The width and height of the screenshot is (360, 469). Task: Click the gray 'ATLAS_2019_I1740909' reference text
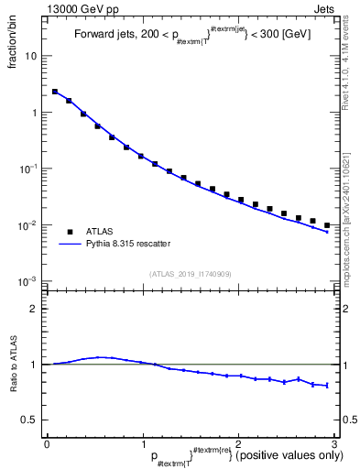[191, 274]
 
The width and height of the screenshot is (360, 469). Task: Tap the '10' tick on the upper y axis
[32, 57]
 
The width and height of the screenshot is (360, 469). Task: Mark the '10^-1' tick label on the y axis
[29, 169]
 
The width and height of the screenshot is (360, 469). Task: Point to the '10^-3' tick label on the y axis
[29, 281]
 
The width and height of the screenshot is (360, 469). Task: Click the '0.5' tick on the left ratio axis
[30, 420]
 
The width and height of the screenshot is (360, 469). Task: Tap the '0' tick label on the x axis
[47, 443]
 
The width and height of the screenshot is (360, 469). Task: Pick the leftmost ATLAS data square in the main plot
[55, 92]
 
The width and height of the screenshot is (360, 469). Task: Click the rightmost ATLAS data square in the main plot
[327, 224]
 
